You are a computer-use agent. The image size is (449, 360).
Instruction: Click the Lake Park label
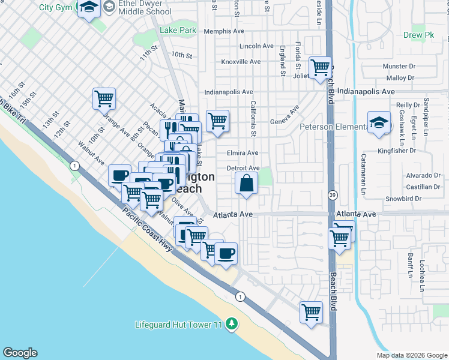[x=178, y=30]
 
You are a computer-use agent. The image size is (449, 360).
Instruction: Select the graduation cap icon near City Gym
[x=89, y=8]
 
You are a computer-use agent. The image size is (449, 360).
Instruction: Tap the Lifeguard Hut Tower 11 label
[x=179, y=325]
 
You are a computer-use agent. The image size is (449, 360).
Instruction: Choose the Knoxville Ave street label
[x=241, y=61]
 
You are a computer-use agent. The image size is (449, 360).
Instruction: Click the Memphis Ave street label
[x=223, y=31]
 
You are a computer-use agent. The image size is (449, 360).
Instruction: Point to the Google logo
[x=20, y=353]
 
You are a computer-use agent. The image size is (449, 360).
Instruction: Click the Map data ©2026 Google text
[x=411, y=355]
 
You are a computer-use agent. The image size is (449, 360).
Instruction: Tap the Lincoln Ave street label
[x=256, y=46]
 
